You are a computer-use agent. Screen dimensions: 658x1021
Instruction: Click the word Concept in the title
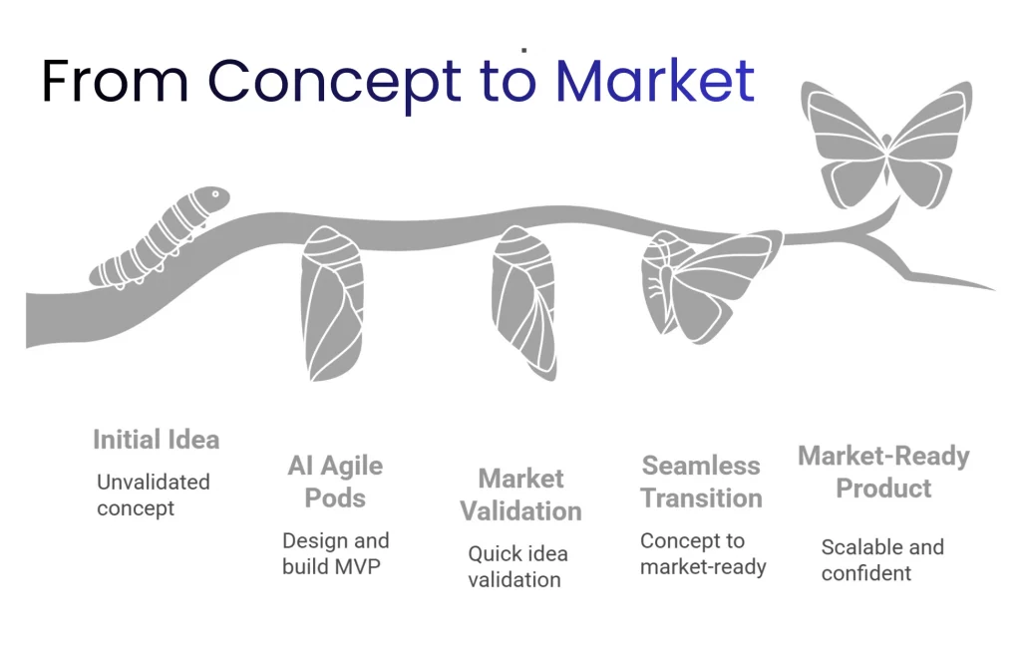point(334,82)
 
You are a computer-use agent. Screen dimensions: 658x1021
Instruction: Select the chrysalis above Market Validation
point(522,300)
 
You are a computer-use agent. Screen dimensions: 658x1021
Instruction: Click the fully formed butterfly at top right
point(886,145)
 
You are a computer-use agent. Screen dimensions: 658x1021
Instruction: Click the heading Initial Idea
point(156,440)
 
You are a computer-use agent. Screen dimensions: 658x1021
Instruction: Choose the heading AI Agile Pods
point(335,482)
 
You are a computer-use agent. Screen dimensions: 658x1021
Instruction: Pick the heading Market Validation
point(520,494)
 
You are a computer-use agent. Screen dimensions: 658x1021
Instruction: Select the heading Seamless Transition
point(701,482)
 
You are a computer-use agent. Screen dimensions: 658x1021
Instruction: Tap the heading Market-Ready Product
point(883,473)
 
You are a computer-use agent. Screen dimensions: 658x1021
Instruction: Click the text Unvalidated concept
point(153,495)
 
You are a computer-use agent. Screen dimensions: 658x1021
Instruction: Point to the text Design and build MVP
point(335,554)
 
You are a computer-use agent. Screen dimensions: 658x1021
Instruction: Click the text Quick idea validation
point(517,566)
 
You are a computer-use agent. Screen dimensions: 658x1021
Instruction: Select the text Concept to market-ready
point(702,554)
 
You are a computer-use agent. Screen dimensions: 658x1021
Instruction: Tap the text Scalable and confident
point(881,560)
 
